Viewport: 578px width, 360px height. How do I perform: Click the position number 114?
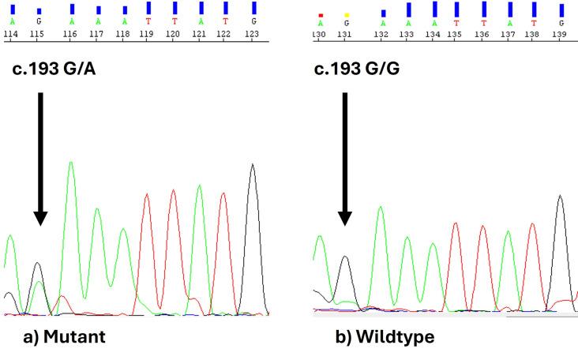10,35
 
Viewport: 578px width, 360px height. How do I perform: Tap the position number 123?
253,35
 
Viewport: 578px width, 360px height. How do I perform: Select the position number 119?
148,35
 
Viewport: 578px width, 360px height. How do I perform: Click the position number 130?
320,35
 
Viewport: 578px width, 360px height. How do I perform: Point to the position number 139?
560,35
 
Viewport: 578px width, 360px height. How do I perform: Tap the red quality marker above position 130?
321,15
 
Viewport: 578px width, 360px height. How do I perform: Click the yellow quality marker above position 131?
347,15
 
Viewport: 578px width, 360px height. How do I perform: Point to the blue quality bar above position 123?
253,9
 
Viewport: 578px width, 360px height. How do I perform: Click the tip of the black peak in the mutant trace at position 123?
253,164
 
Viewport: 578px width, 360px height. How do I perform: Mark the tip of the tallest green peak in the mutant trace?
71,162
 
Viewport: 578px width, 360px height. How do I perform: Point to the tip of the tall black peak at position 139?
560,196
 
